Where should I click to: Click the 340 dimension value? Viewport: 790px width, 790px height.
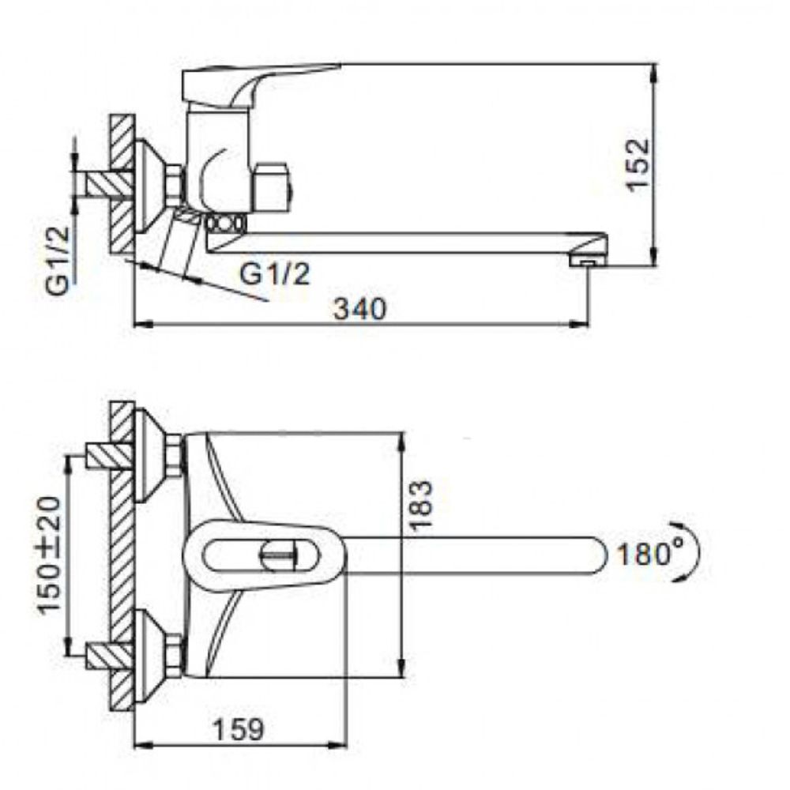point(359,308)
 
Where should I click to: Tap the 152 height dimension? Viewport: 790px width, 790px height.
point(638,164)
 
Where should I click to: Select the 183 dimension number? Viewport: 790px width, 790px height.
point(420,505)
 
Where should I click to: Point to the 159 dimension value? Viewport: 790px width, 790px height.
point(239,729)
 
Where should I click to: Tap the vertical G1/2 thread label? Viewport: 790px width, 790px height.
point(58,261)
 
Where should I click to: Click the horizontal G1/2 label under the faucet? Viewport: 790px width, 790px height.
point(274,274)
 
